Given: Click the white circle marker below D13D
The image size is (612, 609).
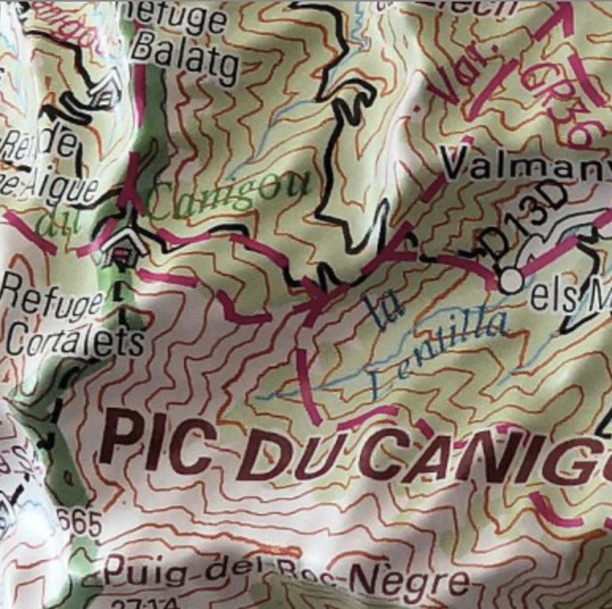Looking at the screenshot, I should coord(511,280).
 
